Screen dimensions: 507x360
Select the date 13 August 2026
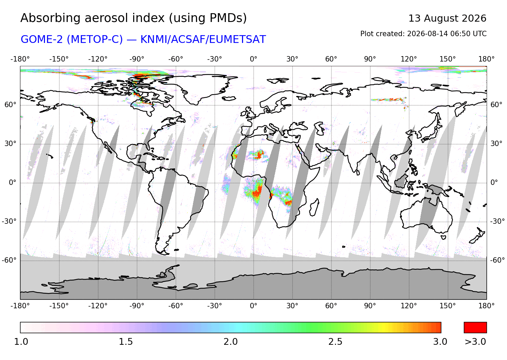(x=447, y=18)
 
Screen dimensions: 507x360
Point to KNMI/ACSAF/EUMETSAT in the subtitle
(x=203, y=39)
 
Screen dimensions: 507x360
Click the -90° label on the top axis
(x=137, y=59)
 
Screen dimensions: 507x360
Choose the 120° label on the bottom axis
(x=409, y=306)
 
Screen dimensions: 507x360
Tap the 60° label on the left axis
(x=10, y=105)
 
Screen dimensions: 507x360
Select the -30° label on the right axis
(x=498, y=221)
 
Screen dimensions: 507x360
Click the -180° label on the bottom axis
(x=20, y=306)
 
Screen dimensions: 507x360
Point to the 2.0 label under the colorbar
(x=231, y=342)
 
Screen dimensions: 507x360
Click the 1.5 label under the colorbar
(x=126, y=342)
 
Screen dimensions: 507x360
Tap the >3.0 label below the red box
(x=475, y=342)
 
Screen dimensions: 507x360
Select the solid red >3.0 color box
(x=475, y=328)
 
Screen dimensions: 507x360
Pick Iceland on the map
(x=229, y=98)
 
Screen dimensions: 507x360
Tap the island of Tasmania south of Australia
(x=443, y=237)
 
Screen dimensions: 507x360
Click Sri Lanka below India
(x=358, y=172)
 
